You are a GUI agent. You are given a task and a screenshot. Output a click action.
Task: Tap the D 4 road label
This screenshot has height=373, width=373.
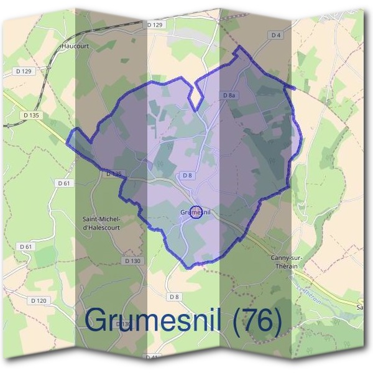coord(277,35)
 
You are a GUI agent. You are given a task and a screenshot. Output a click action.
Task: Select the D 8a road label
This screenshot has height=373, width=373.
coord(229,95)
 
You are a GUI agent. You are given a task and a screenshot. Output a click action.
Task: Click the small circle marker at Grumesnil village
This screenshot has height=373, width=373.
coord(195,213)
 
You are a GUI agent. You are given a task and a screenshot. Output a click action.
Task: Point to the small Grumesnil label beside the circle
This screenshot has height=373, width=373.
coord(195,213)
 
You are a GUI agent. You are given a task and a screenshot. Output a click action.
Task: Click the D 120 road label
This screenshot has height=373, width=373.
coord(38,300)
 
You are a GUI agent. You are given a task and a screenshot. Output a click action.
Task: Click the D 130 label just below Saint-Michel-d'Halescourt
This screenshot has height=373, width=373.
coord(132,261)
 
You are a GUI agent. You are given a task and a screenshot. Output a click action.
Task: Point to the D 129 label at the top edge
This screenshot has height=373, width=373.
coord(155,24)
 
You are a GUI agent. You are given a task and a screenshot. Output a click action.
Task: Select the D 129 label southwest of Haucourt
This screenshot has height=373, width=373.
coord(22,72)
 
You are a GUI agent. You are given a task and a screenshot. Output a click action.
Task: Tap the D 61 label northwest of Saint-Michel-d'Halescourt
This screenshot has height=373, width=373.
coord(64,183)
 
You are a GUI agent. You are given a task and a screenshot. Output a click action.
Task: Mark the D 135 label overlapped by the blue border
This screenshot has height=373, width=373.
coord(114,174)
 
